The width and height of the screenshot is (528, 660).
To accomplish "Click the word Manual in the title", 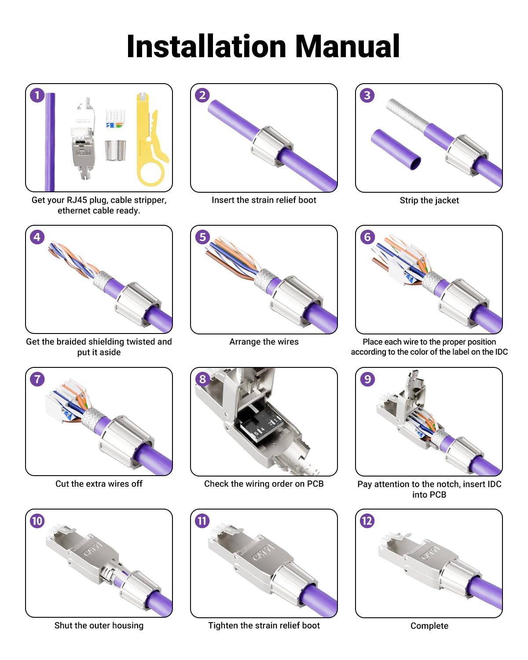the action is tap(347, 46).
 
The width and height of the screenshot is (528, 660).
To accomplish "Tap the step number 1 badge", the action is tap(37, 95).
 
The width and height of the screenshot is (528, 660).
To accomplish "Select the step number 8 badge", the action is tap(202, 379).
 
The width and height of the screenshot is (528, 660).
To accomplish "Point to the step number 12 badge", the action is tap(367, 521).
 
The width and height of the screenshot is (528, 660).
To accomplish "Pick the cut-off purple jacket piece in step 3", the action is tap(396, 149).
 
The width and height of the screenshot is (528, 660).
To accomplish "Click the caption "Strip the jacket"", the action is tap(429, 200).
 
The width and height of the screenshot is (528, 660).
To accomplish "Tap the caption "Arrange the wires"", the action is tap(264, 341).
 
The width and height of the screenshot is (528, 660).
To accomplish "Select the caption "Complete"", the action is tap(429, 626).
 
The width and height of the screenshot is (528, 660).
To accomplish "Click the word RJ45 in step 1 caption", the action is tap(77, 200).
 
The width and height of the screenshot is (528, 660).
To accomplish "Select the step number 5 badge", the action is tap(202, 237).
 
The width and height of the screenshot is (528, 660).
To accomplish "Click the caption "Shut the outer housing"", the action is tap(99, 625).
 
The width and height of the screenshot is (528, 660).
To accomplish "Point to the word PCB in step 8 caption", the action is tap(315, 484).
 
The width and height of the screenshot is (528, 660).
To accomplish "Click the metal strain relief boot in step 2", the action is tap(272, 147).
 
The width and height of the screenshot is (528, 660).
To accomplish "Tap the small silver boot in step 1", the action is tap(115, 150).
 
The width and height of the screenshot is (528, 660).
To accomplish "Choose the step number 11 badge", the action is tap(202, 521).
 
